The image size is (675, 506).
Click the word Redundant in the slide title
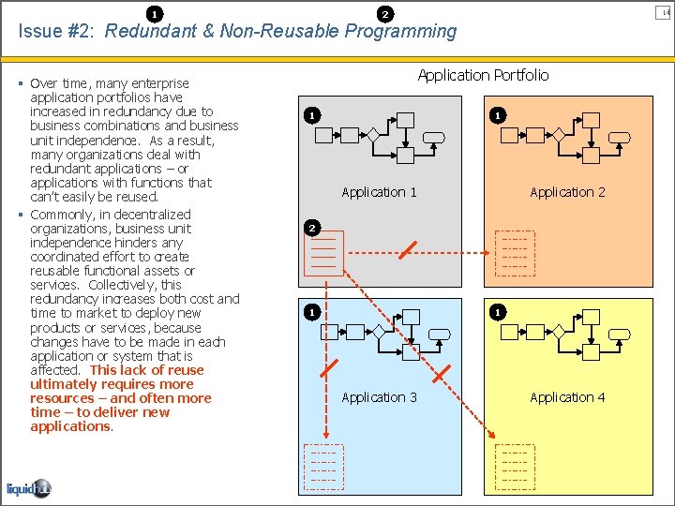149,31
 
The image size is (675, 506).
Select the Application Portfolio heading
483,75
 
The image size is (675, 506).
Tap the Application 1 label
379,192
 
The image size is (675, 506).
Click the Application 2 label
567,192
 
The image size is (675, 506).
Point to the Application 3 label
379,397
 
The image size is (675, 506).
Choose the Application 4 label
567,397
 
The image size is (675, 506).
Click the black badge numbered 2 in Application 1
312,228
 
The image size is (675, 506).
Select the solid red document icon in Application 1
323,254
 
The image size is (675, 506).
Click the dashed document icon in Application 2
515,253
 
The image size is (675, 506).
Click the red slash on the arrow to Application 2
408,251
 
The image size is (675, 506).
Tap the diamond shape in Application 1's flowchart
372,135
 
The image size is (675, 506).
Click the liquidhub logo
28,489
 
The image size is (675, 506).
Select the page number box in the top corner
667,11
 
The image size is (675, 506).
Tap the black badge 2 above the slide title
384,13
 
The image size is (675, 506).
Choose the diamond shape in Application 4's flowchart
560,331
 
